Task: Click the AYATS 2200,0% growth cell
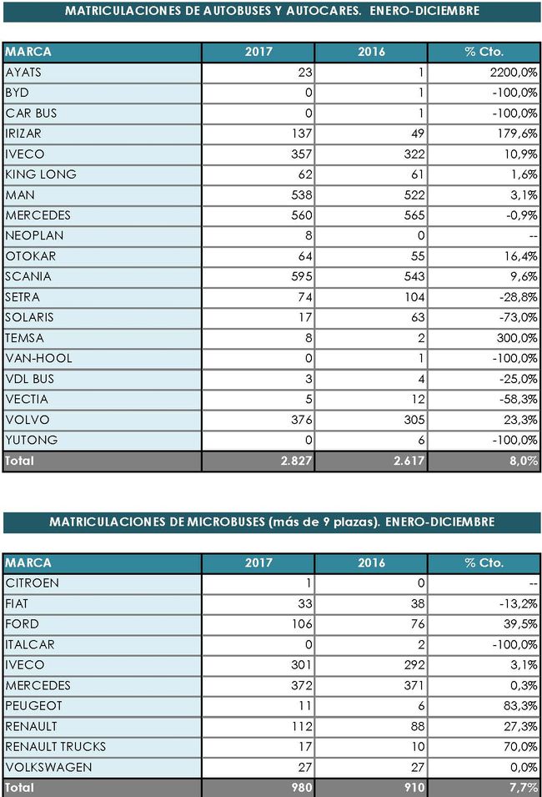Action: (514, 73)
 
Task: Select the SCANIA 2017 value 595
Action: (302, 277)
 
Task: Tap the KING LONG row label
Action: (41, 174)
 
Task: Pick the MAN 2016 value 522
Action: (414, 195)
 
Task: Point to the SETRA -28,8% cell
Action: (518, 297)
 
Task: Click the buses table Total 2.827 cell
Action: (296, 461)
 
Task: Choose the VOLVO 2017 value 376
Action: (302, 420)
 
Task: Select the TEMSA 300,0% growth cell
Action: (517, 338)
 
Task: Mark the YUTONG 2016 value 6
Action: (421, 440)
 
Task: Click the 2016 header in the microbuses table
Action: (371, 563)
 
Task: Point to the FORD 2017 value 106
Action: (302, 624)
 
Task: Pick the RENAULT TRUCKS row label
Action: (55, 747)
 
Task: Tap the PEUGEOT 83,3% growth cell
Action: (520, 706)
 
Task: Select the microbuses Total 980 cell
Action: (302, 788)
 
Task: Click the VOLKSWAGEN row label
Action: (48, 768)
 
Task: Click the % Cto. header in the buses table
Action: (484, 52)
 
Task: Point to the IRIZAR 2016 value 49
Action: (418, 134)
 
